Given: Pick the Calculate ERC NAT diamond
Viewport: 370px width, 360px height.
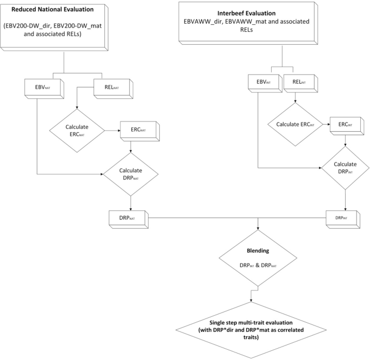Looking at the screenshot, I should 77,131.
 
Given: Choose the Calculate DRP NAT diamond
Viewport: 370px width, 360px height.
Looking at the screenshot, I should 131,174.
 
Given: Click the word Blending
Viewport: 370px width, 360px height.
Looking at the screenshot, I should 258,250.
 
